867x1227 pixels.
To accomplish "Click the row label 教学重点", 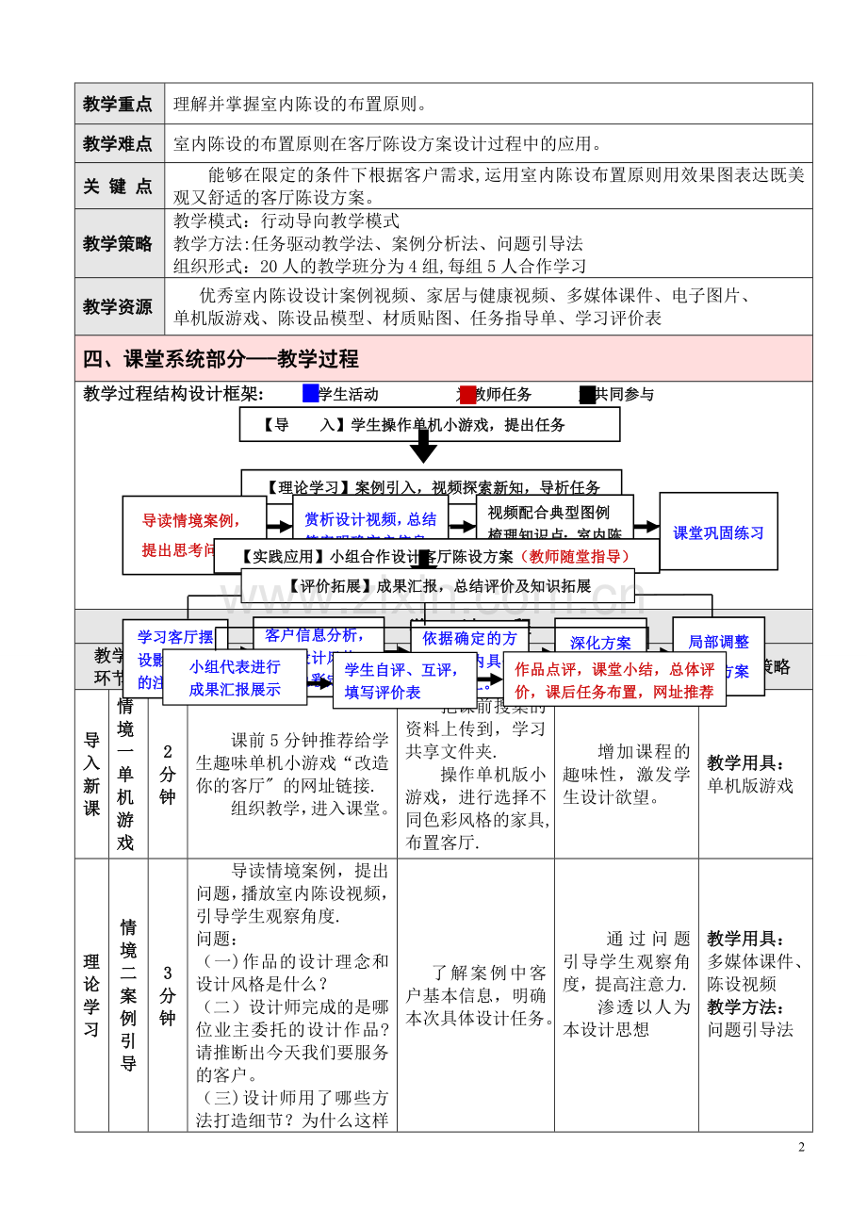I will tap(118, 104).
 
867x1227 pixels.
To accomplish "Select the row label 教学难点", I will tap(118, 144).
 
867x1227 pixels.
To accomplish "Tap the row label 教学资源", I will tap(118, 307).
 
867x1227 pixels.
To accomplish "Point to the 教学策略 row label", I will tap(118, 243).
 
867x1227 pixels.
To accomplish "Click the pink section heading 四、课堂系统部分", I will tap(221, 359).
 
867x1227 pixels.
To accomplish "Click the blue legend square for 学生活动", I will tap(311, 394).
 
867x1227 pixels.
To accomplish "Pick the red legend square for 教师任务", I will tap(467, 395).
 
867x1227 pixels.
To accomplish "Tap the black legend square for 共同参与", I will tap(587, 395).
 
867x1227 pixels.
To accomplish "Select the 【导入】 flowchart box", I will tap(429, 425).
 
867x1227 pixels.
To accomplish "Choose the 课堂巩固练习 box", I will tap(718, 532).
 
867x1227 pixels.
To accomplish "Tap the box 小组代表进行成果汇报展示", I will tap(235, 678).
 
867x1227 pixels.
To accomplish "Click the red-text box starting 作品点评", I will tap(613, 680).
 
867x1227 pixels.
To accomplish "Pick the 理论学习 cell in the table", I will tap(91, 995).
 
